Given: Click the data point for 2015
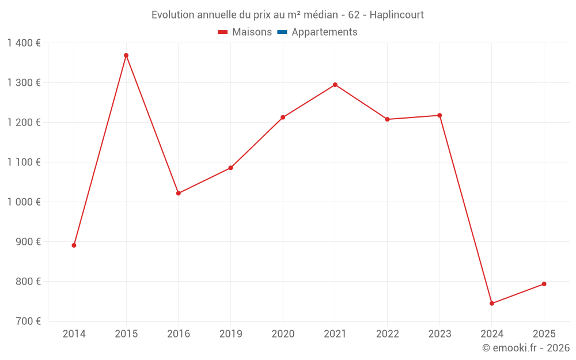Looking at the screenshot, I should click(126, 55).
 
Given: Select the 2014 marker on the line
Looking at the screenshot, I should click(74, 245).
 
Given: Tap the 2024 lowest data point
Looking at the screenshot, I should click(492, 304).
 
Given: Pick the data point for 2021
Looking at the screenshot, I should click(335, 85).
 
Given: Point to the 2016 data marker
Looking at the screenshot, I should click(179, 194).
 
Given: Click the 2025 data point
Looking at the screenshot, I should click(544, 284).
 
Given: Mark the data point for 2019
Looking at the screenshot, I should click(230, 168).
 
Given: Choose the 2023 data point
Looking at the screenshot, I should click(439, 115).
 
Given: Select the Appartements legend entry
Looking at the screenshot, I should click(324, 32).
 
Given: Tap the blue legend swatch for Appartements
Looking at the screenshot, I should click(282, 32).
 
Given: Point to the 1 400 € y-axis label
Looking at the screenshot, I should click(24, 43).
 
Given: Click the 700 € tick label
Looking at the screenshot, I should click(29, 321).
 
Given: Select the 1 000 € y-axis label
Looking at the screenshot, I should click(24, 202).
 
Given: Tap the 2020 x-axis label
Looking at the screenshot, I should click(283, 334).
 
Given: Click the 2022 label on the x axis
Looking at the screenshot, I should click(387, 334).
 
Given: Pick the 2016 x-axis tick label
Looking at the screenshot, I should click(179, 334).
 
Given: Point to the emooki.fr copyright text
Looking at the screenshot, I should click(526, 348).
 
